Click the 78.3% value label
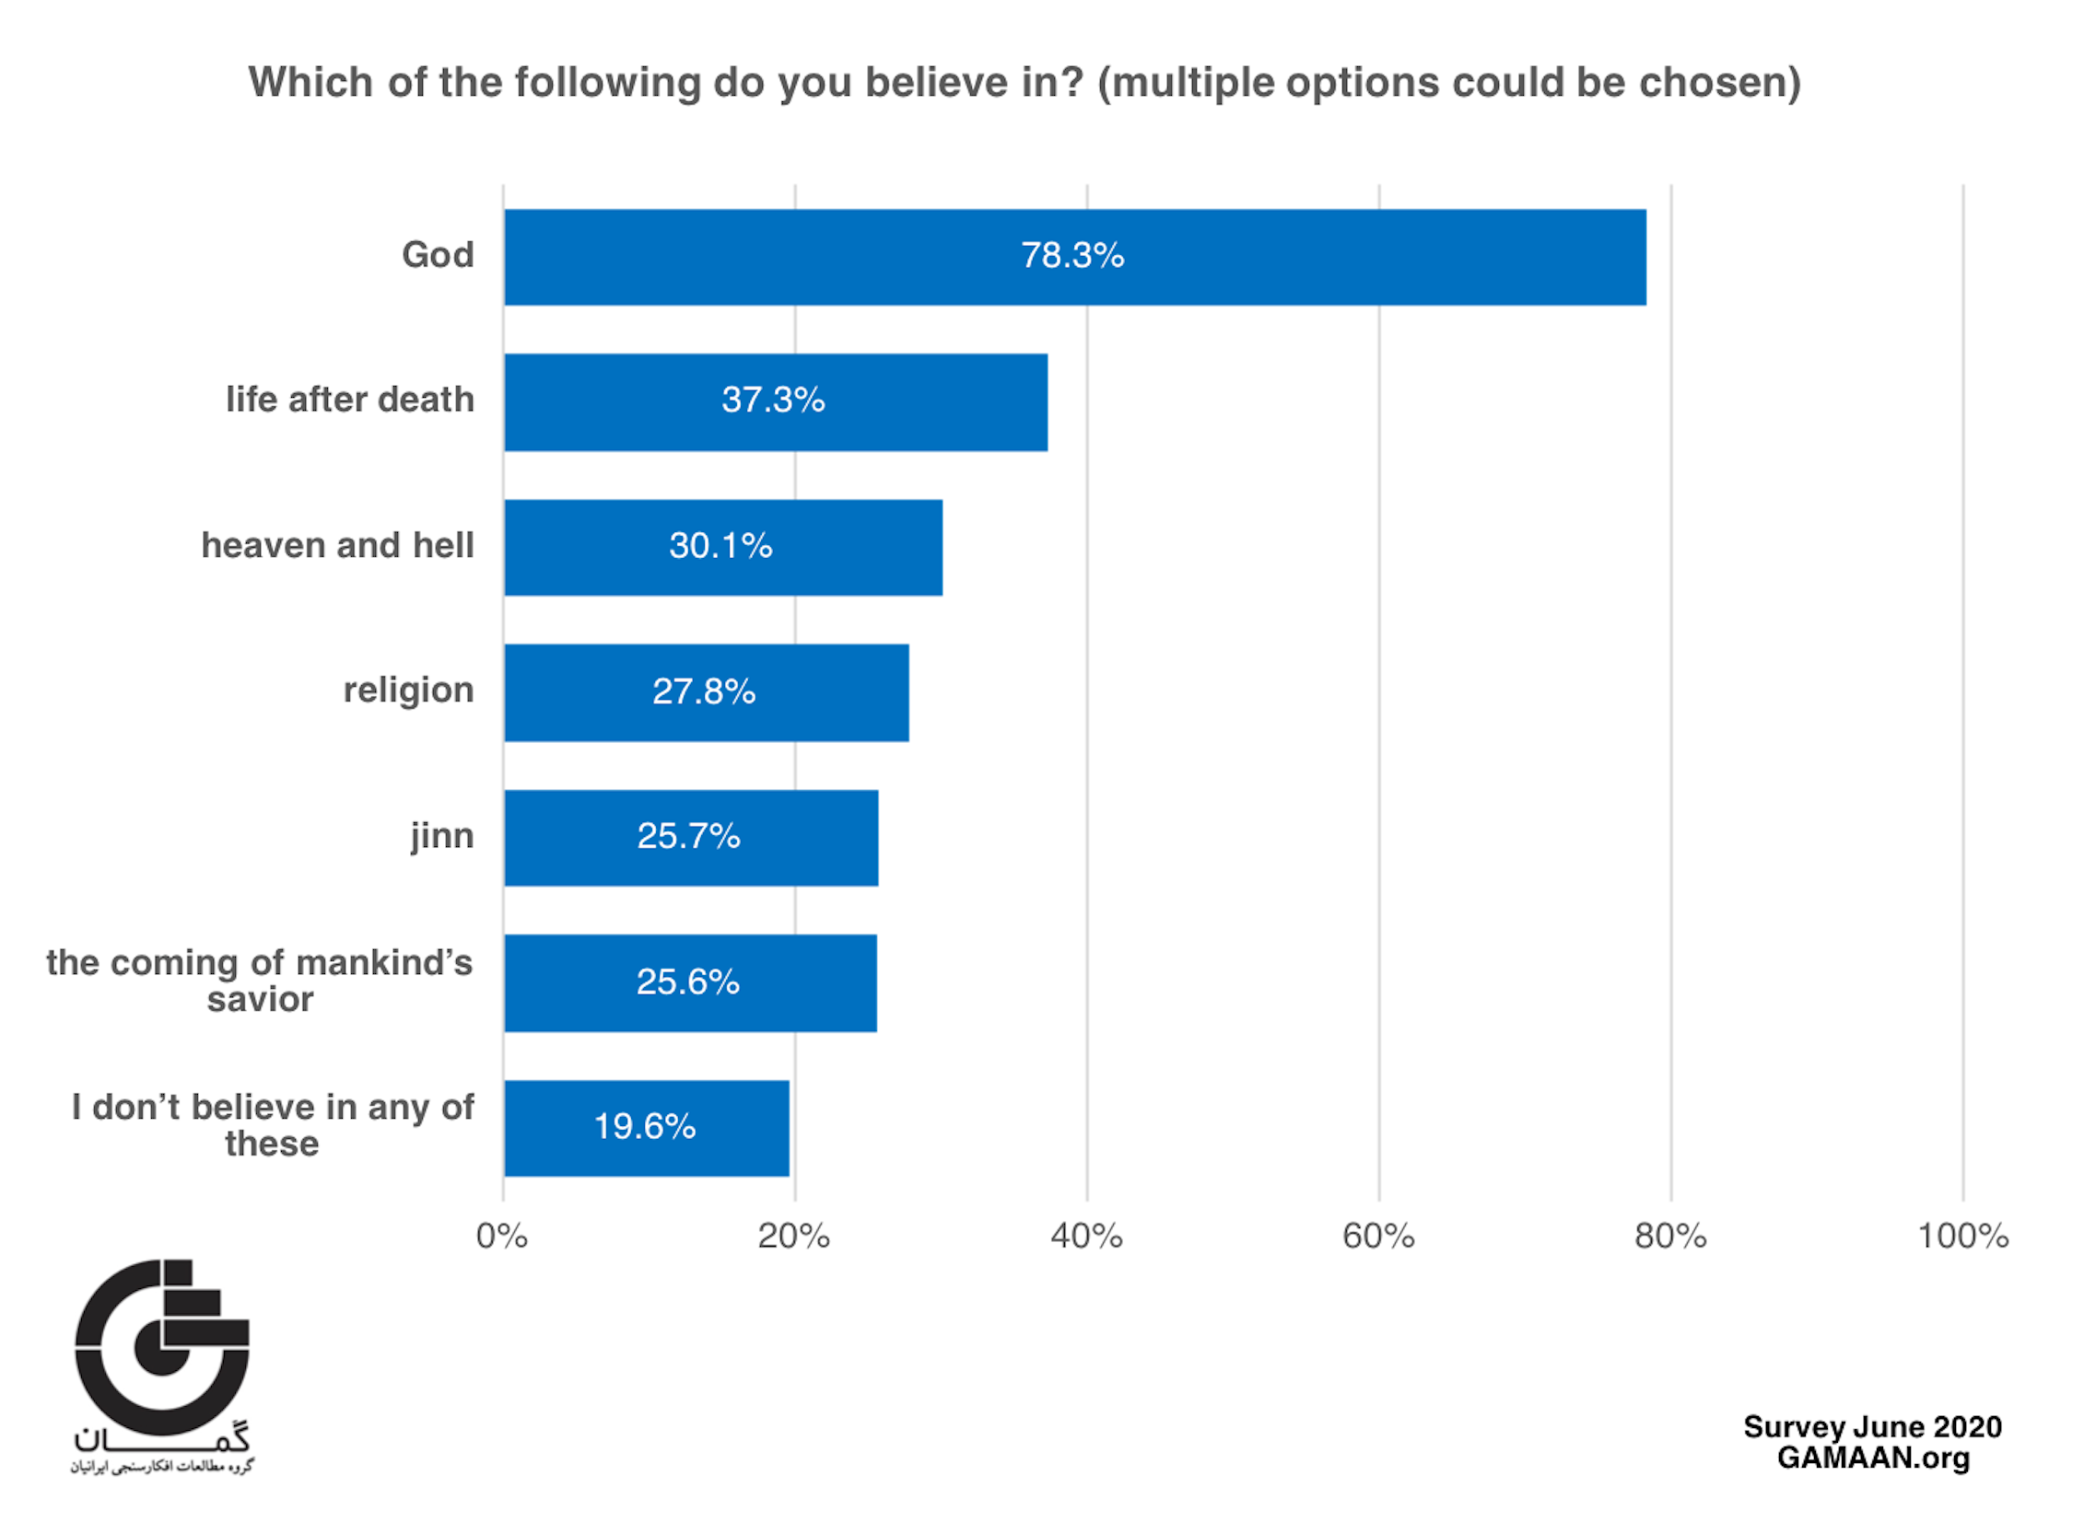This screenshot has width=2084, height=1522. pyautogui.click(x=1072, y=255)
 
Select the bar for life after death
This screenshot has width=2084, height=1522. pyautogui.click(x=775, y=402)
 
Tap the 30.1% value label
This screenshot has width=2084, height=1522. pyautogui.click(x=720, y=545)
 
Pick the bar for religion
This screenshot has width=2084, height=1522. pyautogui.click(x=706, y=691)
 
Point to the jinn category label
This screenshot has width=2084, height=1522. pyautogui.click(x=441, y=836)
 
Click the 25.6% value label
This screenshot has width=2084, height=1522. pyautogui.click(x=687, y=982)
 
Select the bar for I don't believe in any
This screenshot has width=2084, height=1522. pyautogui.click(x=646, y=1128)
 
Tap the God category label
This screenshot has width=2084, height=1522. pyautogui.click(x=437, y=255)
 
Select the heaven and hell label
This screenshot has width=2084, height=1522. pyautogui.click(x=337, y=545)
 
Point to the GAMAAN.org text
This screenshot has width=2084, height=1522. pyautogui.click(x=1872, y=1458)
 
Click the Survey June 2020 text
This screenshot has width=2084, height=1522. pyautogui.click(x=1872, y=1427)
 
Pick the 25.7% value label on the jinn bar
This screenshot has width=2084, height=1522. pyautogui.click(x=687, y=837)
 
